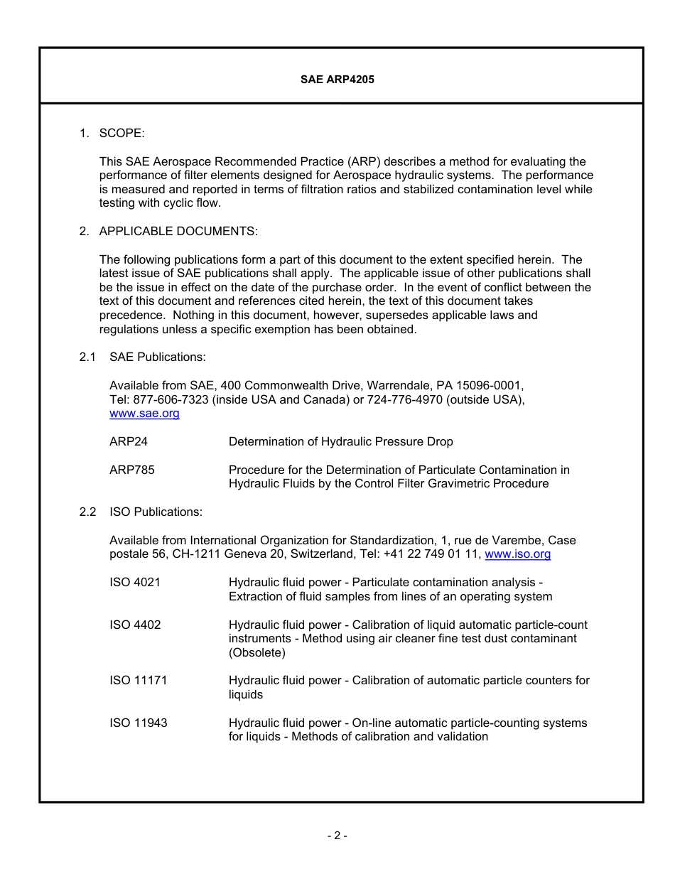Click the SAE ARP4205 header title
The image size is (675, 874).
click(337, 80)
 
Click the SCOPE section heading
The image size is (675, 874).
click(121, 133)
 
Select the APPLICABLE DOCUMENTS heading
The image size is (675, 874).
click(178, 231)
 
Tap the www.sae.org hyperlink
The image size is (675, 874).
click(144, 414)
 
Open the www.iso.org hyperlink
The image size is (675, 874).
click(517, 554)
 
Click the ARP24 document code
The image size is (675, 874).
click(129, 442)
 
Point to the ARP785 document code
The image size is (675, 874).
click(131, 470)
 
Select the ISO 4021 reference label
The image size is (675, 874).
click(135, 583)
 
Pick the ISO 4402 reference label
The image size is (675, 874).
click(135, 625)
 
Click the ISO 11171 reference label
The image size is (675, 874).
click(139, 681)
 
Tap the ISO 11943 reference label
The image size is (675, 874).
click(139, 723)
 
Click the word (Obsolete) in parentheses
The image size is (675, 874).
click(256, 652)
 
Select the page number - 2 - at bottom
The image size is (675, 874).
click(337, 836)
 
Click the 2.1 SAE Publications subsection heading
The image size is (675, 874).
click(157, 357)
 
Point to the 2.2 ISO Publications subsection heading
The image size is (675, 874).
click(156, 512)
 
